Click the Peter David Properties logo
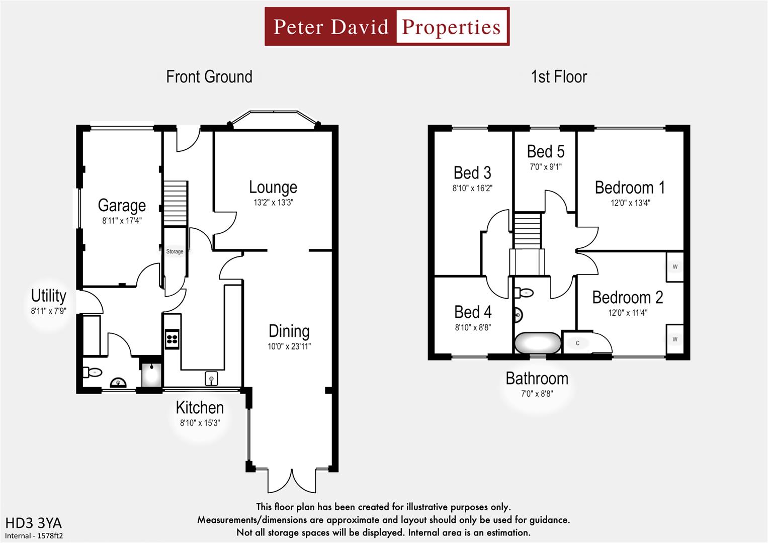pyautogui.click(x=387, y=27)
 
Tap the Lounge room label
pyautogui.click(x=273, y=187)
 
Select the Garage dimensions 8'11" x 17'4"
pyautogui.click(x=122, y=220)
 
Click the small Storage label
pyautogui.click(x=175, y=251)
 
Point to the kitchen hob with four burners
pyautogui.click(x=172, y=339)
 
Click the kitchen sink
pyautogui.click(x=212, y=378)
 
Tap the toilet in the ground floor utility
pyautogui.click(x=93, y=373)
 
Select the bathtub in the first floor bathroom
pyautogui.click(x=537, y=344)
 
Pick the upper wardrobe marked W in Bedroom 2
pyautogui.click(x=674, y=266)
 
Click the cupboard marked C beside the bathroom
pyautogui.click(x=577, y=343)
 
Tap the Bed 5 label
pyautogui.click(x=545, y=151)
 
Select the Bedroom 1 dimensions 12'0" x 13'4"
pyautogui.click(x=630, y=203)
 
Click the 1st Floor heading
pyautogui.click(x=558, y=77)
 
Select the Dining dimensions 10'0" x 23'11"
pyautogui.click(x=289, y=346)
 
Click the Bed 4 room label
pyautogui.click(x=473, y=312)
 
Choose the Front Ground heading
pyautogui.click(x=209, y=77)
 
